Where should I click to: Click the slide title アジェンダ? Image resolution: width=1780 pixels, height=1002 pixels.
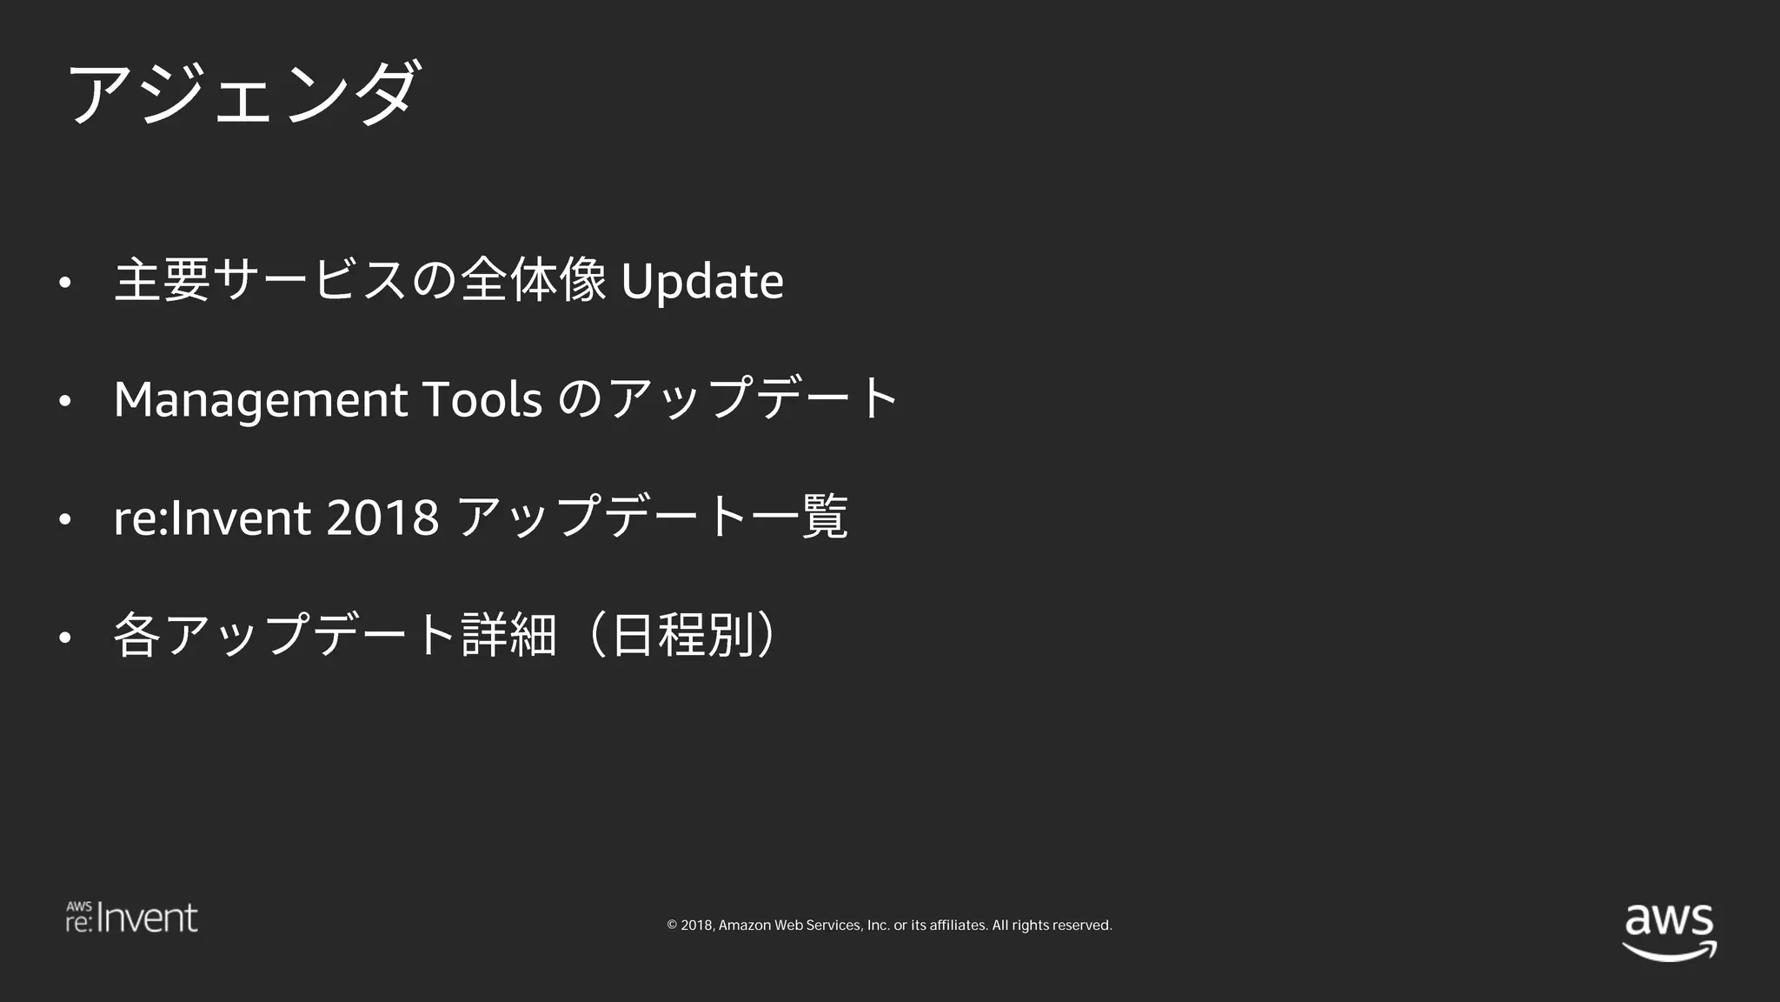click(x=244, y=93)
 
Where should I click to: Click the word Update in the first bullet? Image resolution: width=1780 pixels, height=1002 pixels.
click(x=702, y=281)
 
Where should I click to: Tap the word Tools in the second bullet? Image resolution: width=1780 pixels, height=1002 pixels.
click(x=482, y=399)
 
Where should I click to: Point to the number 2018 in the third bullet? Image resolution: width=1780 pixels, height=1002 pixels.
click(x=382, y=518)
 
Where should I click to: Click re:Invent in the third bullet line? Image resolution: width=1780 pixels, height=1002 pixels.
click(x=212, y=518)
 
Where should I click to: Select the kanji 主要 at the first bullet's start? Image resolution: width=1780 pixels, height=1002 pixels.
click(x=163, y=281)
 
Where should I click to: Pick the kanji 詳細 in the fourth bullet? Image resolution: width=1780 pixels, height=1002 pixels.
click(x=508, y=635)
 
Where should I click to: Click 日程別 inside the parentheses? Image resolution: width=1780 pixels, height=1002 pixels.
click(x=681, y=635)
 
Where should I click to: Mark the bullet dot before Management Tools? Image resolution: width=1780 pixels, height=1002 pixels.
click(x=64, y=401)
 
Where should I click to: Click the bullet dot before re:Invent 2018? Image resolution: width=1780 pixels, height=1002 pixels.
click(x=64, y=519)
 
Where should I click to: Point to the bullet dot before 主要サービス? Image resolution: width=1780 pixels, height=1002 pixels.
click(x=64, y=283)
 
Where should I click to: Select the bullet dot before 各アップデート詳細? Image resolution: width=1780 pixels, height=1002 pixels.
click(x=64, y=638)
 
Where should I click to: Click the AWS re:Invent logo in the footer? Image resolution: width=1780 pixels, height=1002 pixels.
click(x=132, y=918)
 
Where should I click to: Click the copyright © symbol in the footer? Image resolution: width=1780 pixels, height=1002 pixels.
click(x=672, y=925)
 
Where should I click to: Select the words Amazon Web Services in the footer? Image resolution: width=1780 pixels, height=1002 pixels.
click(x=787, y=925)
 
